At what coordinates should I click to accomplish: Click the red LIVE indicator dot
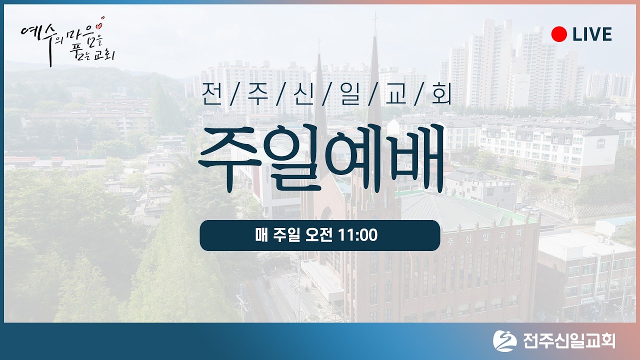(x=558, y=34)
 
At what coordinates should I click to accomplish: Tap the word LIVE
(x=592, y=34)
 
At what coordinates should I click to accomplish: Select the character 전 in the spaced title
(x=210, y=95)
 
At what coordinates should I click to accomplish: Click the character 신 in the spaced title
(x=303, y=95)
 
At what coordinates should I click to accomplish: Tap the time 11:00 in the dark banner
(x=357, y=235)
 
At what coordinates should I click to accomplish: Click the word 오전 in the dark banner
(x=319, y=235)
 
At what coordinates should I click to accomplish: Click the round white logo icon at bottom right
(x=504, y=341)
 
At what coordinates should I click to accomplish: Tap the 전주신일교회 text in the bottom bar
(x=569, y=341)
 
